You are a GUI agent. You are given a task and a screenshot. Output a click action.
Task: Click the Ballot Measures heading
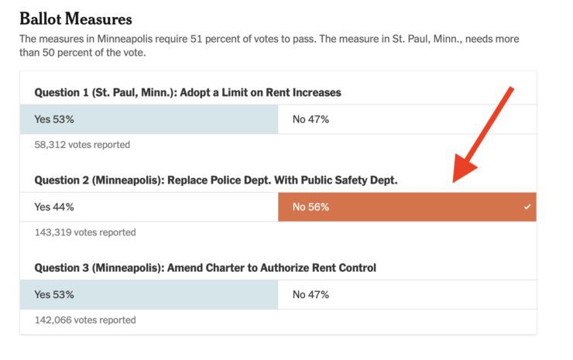click(x=75, y=19)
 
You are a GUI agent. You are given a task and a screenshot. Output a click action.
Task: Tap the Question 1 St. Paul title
click(x=187, y=92)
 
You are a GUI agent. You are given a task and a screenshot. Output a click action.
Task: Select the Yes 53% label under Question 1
click(x=54, y=119)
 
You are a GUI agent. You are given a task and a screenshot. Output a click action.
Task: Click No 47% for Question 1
click(x=311, y=119)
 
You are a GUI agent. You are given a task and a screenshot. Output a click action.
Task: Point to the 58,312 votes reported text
click(x=82, y=145)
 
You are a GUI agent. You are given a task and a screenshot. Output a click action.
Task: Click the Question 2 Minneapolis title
click(x=215, y=180)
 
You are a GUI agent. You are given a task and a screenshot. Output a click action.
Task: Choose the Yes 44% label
click(x=54, y=207)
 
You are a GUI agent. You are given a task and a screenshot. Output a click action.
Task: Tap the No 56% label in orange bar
click(x=311, y=207)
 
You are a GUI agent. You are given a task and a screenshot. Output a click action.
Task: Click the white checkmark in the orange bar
click(x=527, y=207)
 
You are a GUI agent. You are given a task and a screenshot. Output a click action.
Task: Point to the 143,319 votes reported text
click(x=85, y=232)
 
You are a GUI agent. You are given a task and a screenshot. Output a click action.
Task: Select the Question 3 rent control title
click(x=205, y=268)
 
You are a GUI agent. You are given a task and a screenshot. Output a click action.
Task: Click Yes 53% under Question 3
click(x=54, y=294)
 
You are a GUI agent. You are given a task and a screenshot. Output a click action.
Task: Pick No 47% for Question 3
click(x=311, y=294)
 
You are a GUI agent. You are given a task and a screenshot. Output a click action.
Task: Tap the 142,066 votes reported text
click(x=85, y=320)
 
